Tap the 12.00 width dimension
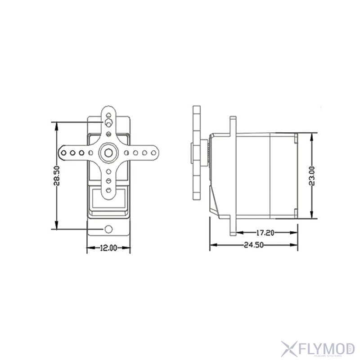(x=108, y=247)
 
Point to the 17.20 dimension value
(x=265, y=233)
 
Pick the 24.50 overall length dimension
(x=253, y=245)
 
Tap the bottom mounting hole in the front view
(x=108, y=229)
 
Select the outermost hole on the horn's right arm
(x=153, y=153)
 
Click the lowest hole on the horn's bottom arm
(x=108, y=191)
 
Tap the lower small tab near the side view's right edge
(x=296, y=212)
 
